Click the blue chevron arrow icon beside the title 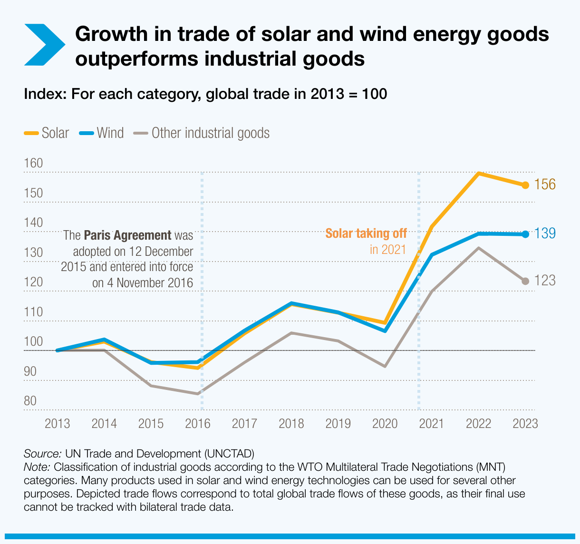[x=44, y=45]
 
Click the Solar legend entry [x=47, y=133]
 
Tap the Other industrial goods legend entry [x=202, y=133]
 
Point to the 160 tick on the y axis [x=33, y=164]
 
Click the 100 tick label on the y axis [x=33, y=342]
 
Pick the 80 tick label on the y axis [x=30, y=401]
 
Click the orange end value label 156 [x=544, y=185]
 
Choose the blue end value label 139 [x=544, y=233]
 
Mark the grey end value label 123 [x=544, y=281]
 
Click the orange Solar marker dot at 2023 [x=525, y=185]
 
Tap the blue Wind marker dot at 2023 [x=525, y=234]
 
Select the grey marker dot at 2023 [x=525, y=281]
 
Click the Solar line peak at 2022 [x=479, y=174]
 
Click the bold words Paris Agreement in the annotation [x=127, y=235]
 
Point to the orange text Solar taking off [x=366, y=233]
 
